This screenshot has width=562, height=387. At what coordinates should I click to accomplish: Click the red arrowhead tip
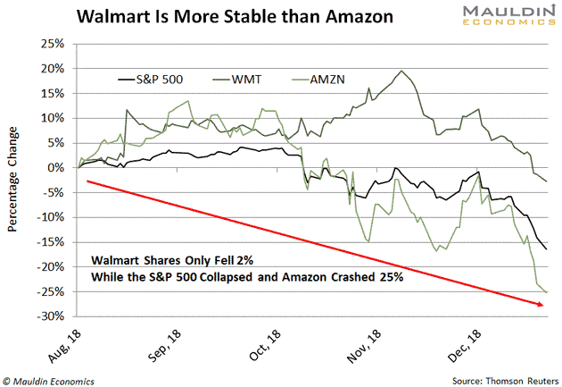click(x=545, y=306)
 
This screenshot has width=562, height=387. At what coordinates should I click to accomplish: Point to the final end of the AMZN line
click(x=547, y=291)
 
